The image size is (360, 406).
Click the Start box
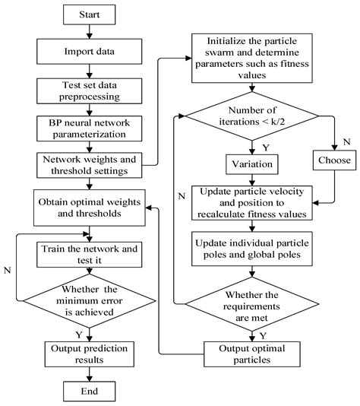click(90, 14)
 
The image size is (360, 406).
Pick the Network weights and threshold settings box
click(90, 166)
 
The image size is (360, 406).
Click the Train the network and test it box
click(90, 253)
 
